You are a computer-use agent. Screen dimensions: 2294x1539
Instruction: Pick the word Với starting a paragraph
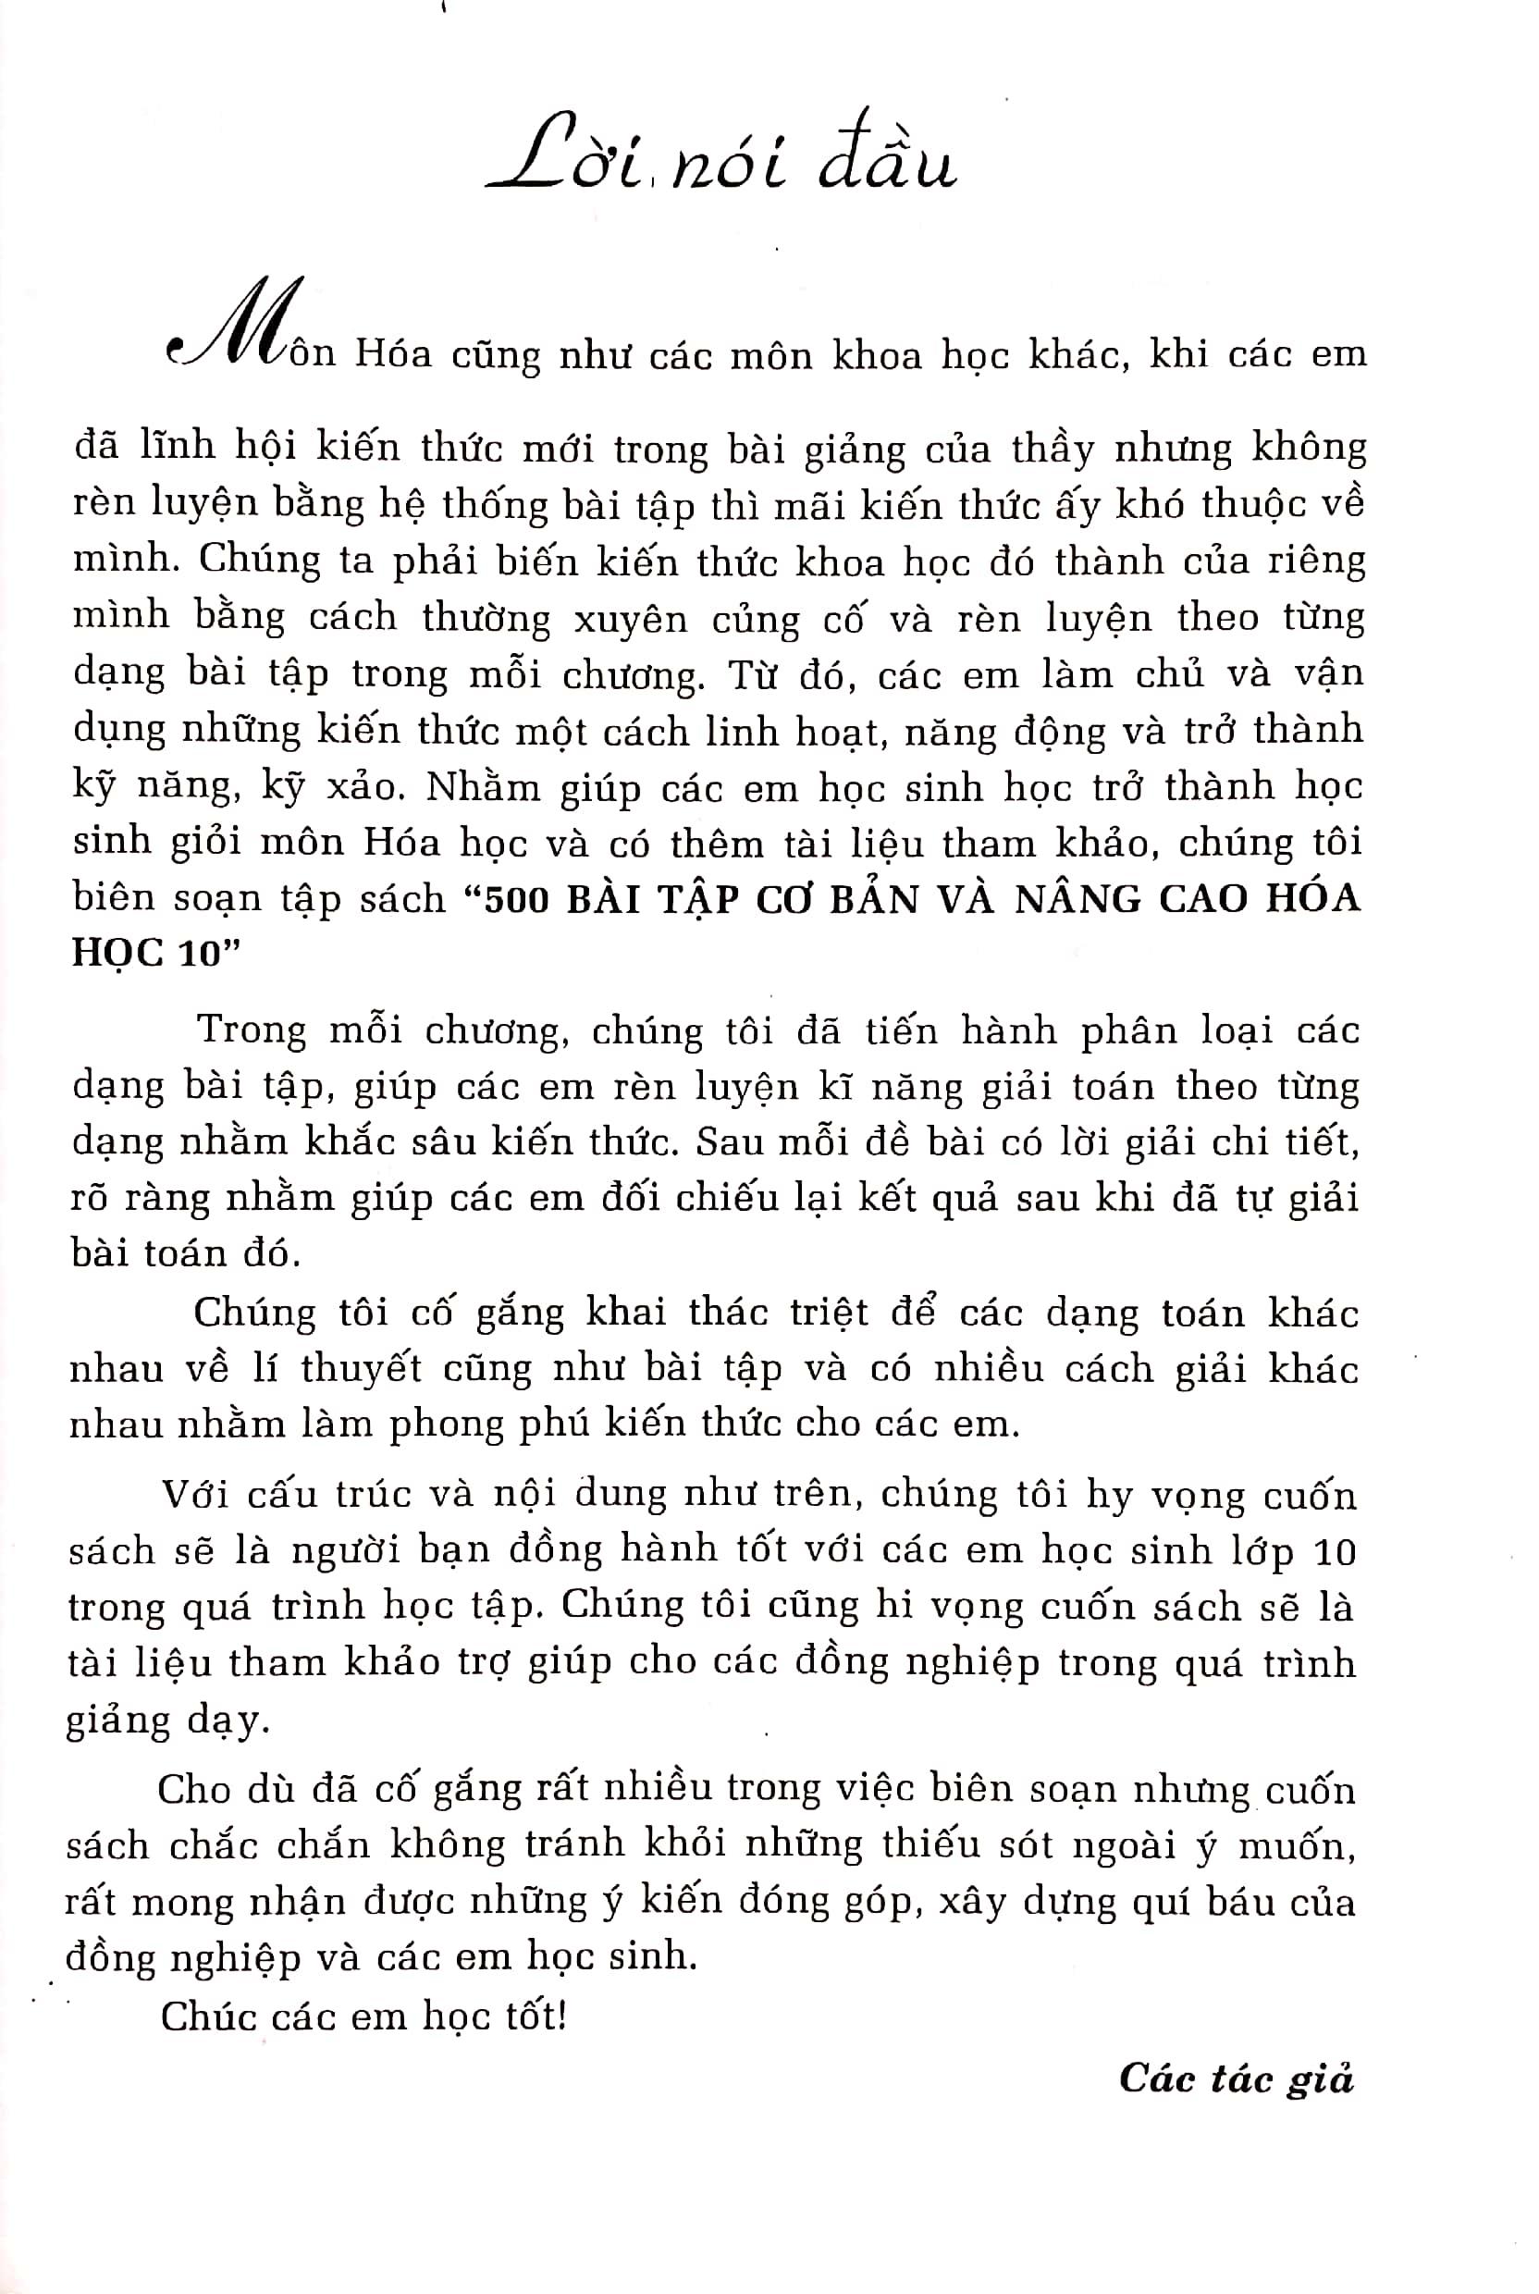196,1494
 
